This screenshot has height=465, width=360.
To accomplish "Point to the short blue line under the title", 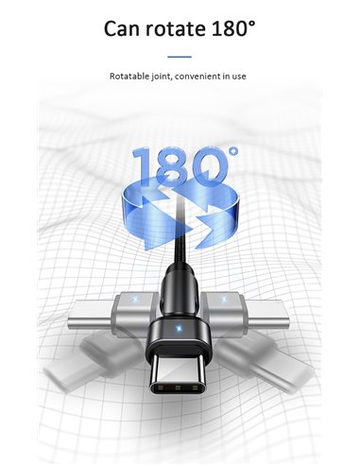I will point(180,57).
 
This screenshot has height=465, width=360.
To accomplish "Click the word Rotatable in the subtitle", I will point(130,75).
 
